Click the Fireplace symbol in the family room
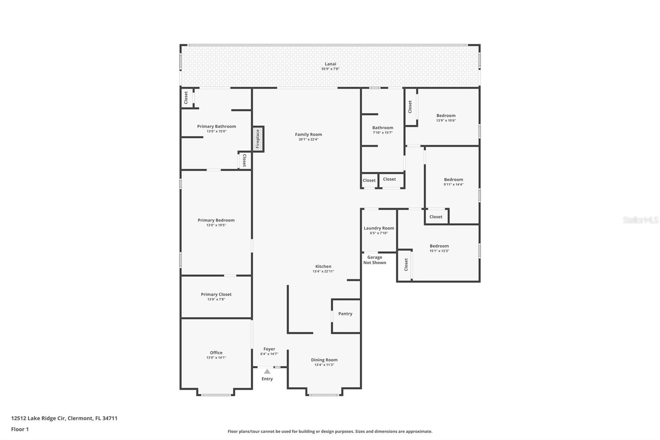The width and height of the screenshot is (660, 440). click(258, 139)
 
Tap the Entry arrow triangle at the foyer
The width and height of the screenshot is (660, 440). click(267, 371)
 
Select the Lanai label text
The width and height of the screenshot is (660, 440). click(330, 64)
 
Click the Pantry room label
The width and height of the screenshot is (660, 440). click(345, 314)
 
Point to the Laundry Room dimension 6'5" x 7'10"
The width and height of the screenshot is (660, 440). click(379, 233)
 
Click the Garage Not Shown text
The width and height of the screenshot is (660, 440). click(375, 260)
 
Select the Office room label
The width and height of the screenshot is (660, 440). click(216, 352)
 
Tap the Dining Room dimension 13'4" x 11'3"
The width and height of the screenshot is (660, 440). click(324, 365)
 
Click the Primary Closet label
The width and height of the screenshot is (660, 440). click(216, 294)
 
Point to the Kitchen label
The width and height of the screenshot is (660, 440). click(323, 267)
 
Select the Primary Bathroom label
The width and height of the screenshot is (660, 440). click(217, 126)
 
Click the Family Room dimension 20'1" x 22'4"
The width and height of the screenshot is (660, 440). click(309, 140)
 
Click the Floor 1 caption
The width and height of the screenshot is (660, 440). click(20, 429)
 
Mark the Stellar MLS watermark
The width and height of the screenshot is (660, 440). click(640, 220)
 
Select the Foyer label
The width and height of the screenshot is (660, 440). click(269, 349)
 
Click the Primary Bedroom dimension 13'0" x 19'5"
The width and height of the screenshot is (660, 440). click(216, 225)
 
